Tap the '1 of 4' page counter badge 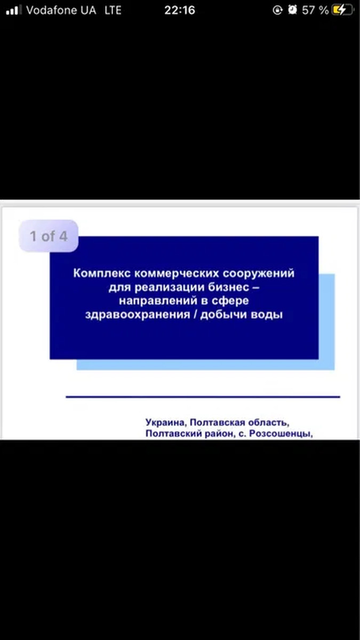point(49,236)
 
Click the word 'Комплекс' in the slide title point(102,274)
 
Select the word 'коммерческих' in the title point(177,274)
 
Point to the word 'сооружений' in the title point(258,274)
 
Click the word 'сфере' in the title point(230,301)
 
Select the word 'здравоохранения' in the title point(138,315)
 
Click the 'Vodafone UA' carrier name point(61,10)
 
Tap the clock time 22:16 point(180,10)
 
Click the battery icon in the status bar point(342,10)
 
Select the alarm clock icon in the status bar point(292,10)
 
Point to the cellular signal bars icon point(14,10)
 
